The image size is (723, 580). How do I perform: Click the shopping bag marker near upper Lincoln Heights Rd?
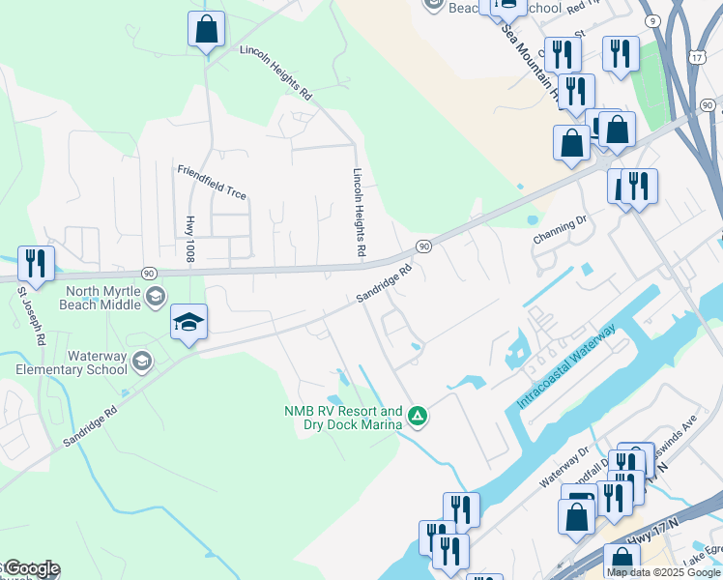[206, 30]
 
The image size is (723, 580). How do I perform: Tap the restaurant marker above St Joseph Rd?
[36, 263]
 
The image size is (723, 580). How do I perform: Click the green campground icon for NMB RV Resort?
[418, 417]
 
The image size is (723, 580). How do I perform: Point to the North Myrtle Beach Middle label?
[103, 298]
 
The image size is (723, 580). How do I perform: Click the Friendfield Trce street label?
[212, 182]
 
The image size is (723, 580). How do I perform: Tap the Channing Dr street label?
[560, 230]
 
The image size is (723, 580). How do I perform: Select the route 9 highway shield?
[654, 20]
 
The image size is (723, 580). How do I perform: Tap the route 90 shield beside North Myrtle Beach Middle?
[148, 274]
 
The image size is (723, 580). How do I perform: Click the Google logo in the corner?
[32, 569]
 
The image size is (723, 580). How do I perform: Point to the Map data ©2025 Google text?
[662, 572]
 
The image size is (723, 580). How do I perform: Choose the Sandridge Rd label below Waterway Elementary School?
[90, 423]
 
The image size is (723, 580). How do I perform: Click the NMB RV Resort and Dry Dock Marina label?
[343, 418]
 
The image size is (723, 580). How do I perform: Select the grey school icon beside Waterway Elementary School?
[141, 362]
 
